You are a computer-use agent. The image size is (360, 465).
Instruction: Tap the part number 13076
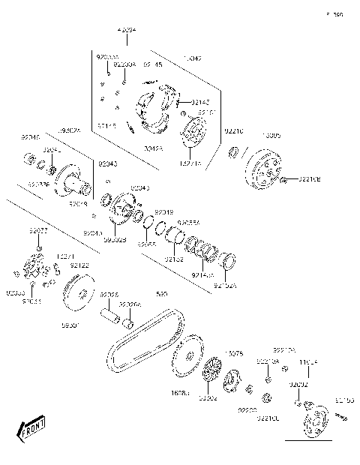234,352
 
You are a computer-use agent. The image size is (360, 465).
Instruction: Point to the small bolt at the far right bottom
343,414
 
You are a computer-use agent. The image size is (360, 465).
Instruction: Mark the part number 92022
38,231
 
